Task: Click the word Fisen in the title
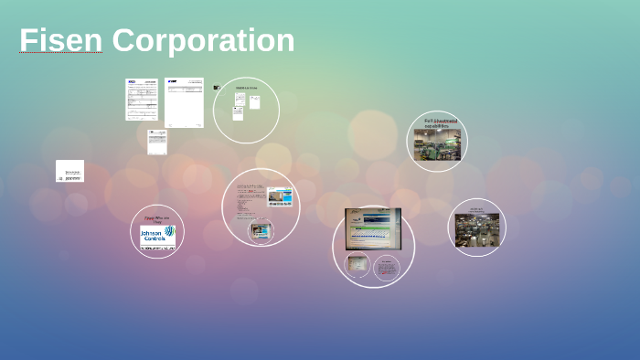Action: coord(60,41)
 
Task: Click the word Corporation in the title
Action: coord(203,41)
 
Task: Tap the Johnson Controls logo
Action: coord(156,237)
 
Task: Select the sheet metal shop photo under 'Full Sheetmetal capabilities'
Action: coord(436,145)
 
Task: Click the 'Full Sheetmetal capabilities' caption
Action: coord(440,123)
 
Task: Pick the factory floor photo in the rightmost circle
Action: coord(476,230)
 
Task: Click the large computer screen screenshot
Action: coord(372,229)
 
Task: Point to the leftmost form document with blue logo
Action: coord(142,100)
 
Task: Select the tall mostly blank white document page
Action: coord(184,102)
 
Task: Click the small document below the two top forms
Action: coord(157,142)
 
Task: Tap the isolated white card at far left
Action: coord(69,171)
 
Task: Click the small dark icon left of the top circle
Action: coord(217,88)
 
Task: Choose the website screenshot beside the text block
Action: coord(280,197)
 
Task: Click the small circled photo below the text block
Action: coord(262,232)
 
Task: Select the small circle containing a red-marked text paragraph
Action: coord(387,269)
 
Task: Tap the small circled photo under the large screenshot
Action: coord(357,266)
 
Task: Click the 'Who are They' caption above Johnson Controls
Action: coord(156,219)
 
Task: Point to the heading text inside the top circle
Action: coord(247,88)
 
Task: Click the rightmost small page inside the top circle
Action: coord(255,102)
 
